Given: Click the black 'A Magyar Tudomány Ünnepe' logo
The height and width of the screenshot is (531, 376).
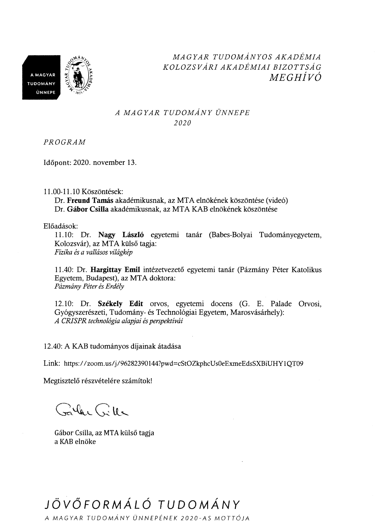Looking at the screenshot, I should (41, 77).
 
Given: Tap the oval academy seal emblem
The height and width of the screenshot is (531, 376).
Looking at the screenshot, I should (79, 76).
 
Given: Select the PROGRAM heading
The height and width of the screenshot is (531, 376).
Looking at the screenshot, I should (65, 142).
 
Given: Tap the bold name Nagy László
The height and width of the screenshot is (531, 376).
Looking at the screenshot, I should (121, 235).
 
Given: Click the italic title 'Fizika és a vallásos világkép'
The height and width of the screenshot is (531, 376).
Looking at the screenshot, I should (93, 252).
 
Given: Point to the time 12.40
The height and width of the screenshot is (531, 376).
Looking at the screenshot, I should (53, 346).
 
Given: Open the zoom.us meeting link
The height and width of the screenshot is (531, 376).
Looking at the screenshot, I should (183, 363).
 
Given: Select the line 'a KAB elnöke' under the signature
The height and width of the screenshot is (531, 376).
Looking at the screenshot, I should (75, 442).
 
